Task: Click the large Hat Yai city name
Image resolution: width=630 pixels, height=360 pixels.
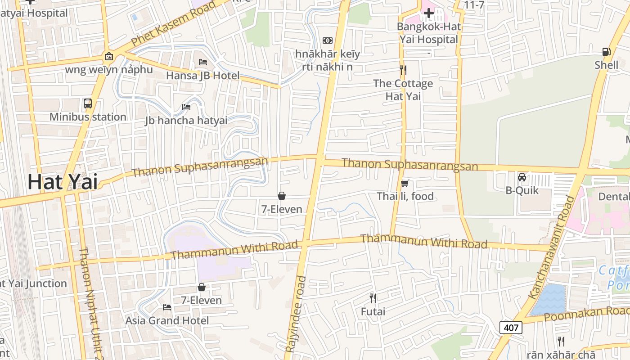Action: pyautogui.click(x=63, y=182)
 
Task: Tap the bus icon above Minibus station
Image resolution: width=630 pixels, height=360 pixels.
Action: pyautogui.click(x=88, y=103)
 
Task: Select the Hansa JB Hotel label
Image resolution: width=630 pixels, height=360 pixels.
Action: pyautogui.click(x=202, y=76)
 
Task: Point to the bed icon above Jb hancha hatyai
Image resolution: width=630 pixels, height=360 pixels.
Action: pyautogui.click(x=186, y=107)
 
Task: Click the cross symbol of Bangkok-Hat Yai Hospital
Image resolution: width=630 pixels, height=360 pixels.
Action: pyautogui.click(x=429, y=13)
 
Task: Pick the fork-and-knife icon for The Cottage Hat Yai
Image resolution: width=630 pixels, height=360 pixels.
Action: pyautogui.click(x=403, y=70)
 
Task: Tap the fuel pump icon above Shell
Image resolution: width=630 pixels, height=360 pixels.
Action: pyautogui.click(x=606, y=52)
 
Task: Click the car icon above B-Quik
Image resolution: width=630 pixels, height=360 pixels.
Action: pyautogui.click(x=522, y=177)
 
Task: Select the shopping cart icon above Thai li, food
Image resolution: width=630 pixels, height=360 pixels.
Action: pyautogui.click(x=405, y=183)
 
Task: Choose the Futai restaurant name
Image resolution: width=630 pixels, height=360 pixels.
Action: pyautogui.click(x=373, y=311)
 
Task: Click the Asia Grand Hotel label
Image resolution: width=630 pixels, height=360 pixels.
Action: pyautogui.click(x=167, y=320)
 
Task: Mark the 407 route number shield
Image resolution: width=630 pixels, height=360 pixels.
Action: pyautogui.click(x=511, y=328)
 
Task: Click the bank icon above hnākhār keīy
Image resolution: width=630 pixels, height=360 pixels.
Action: pyautogui.click(x=328, y=40)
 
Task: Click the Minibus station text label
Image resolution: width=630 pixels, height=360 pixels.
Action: pyautogui.click(x=88, y=117)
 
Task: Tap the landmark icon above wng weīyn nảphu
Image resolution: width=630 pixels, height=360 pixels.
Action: pyautogui.click(x=108, y=56)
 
